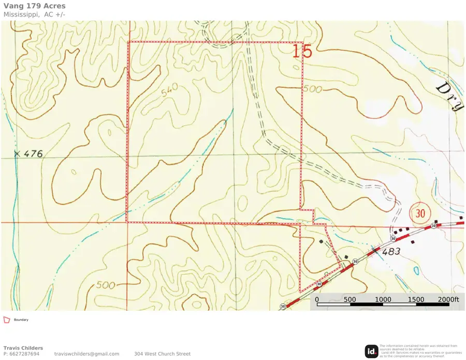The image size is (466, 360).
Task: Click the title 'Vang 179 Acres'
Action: [x=35, y=6]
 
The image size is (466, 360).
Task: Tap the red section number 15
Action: [x=302, y=51]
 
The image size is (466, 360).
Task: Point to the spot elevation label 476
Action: [x=33, y=154]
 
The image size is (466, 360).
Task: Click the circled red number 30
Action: [x=420, y=212]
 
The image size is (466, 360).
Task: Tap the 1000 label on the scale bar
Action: [x=383, y=299]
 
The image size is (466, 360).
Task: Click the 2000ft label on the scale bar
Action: [x=448, y=299]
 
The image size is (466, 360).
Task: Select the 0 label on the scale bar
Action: [x=316, y=299]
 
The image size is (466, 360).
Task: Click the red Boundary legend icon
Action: [x=7, y=320]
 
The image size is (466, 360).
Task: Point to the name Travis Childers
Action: [x=23, y=348]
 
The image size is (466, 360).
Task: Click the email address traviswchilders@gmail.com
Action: [x=86, y=354]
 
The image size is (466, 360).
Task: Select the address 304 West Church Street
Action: [x=162, y=354]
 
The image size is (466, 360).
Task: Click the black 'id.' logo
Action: [x=371, y=351]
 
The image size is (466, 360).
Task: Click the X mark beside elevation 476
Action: [x=17, y=154]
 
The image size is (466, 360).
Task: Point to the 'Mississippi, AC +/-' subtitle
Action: [x=34, y=15]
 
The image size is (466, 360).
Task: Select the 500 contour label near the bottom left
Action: [x=105, y=285]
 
